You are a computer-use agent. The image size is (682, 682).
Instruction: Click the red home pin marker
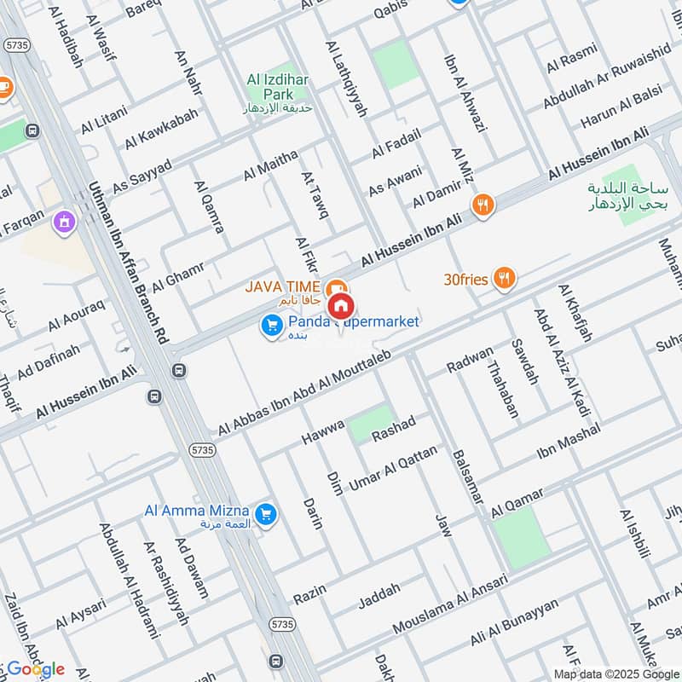[341, 304]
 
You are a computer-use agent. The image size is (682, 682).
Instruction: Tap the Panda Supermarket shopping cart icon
[271, 325]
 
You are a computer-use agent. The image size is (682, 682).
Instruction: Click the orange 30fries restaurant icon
[506, 277]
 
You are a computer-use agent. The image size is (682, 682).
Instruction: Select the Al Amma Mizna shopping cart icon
[266, 513]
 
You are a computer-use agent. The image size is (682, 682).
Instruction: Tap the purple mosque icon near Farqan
[61, 224]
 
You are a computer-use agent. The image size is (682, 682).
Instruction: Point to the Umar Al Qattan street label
[393, 468]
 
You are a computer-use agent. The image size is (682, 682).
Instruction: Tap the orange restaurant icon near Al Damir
[483, 205]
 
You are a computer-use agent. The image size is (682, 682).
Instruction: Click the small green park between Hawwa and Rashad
[372, 423]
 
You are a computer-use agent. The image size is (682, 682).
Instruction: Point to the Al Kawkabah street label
[161, 129]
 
